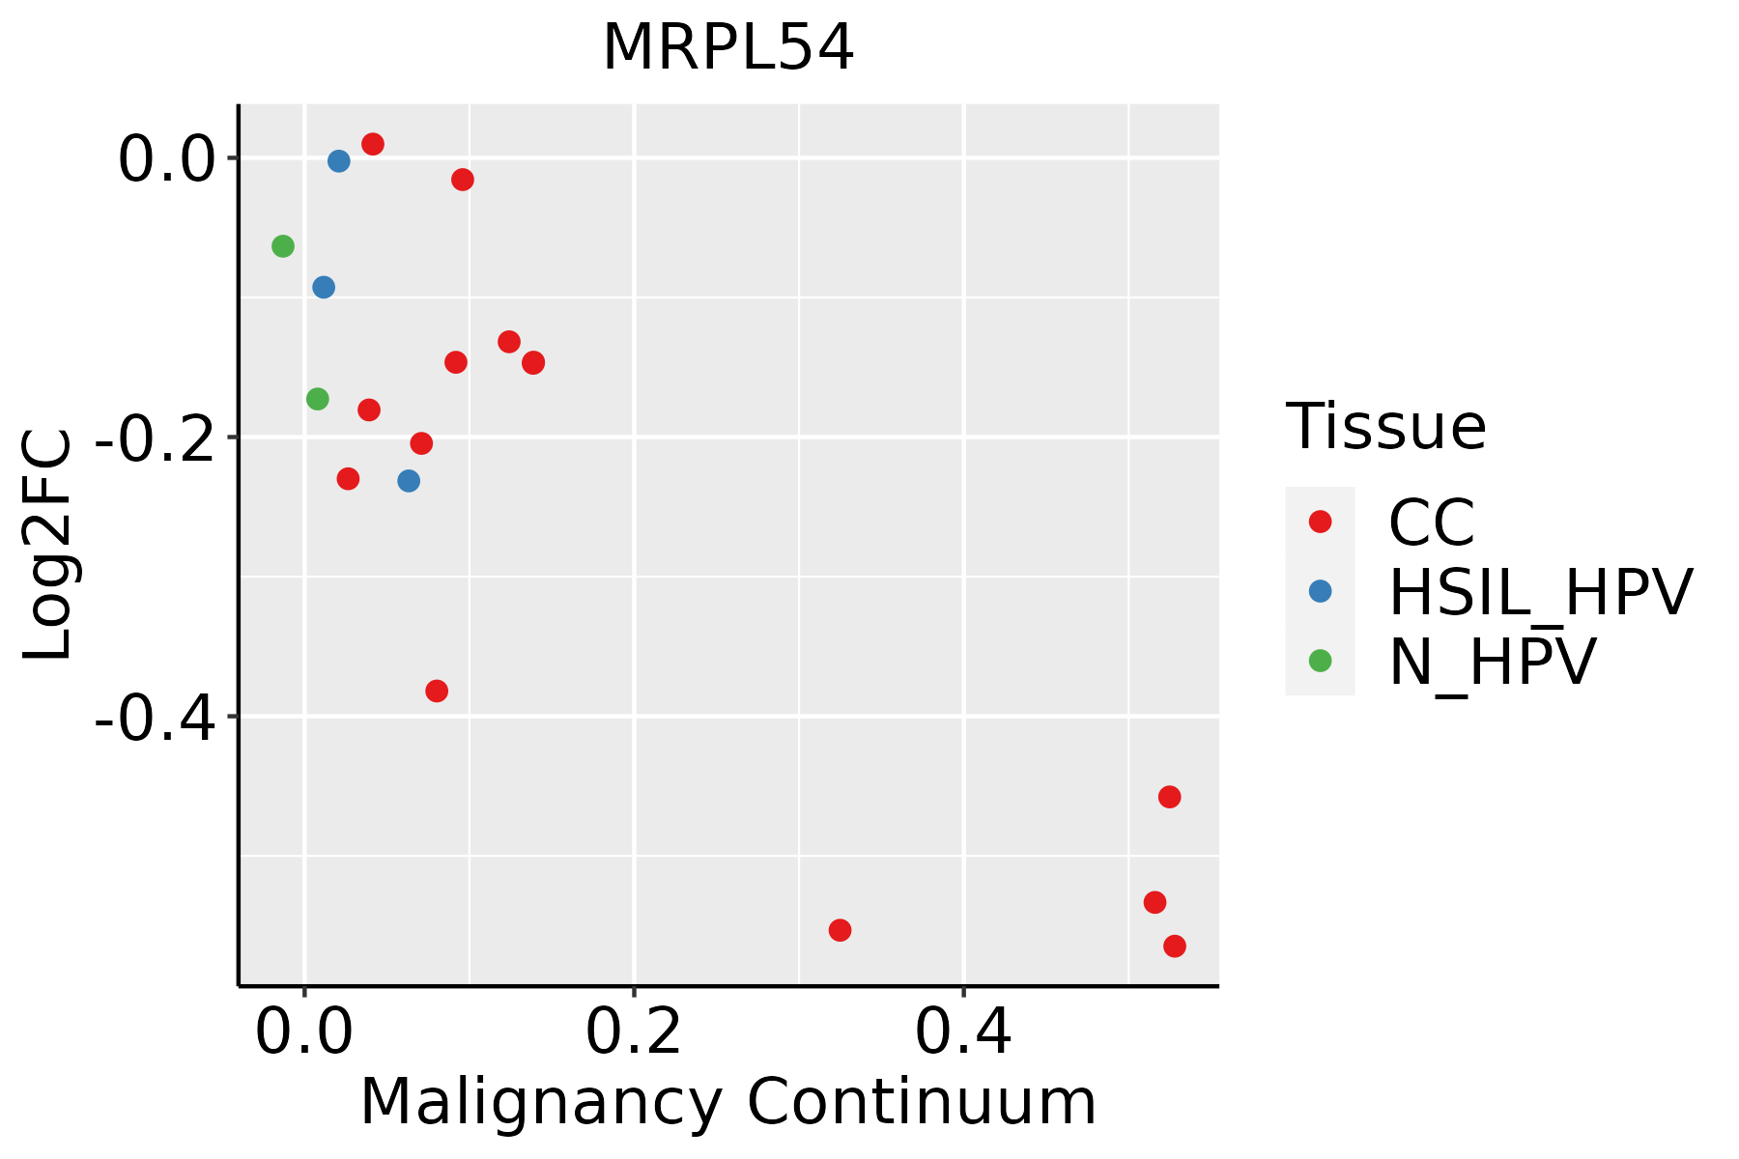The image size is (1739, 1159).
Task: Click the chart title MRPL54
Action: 727,48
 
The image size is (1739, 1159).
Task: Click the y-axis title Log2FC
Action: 48,544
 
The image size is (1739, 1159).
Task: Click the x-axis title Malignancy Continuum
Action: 727,1102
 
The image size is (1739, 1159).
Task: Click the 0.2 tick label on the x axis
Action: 633,1032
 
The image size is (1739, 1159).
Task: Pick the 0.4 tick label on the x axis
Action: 963,1032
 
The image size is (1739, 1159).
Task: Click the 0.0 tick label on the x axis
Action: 303,1032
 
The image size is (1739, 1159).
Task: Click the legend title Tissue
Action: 1385,426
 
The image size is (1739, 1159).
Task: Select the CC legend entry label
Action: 1431,523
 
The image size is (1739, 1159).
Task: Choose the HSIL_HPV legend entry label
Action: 1540,592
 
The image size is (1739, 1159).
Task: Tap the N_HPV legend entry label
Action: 1492,662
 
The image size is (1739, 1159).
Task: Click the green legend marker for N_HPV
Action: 1320,661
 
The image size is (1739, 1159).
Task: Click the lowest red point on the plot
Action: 1175,947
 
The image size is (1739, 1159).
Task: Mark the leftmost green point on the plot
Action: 283,246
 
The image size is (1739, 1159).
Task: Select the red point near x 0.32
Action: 841,930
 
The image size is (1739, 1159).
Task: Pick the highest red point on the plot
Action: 373,144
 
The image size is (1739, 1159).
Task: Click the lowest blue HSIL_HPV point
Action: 409,481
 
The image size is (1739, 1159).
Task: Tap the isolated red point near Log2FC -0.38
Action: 437,691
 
